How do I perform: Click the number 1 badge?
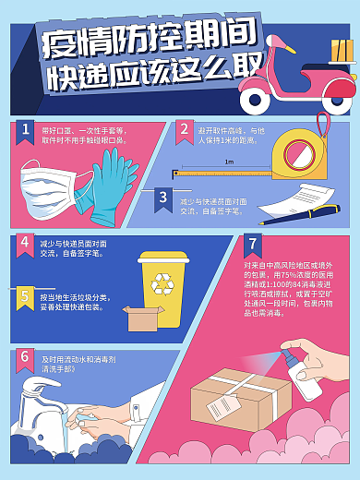(26, 130)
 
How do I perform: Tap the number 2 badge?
(185, 130)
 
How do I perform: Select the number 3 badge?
(162, 198)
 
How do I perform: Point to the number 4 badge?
(26, 243)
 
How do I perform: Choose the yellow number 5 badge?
(26, 296)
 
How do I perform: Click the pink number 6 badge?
(26, 356)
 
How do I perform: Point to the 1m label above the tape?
(228, 161)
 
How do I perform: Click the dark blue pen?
(286, 218)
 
